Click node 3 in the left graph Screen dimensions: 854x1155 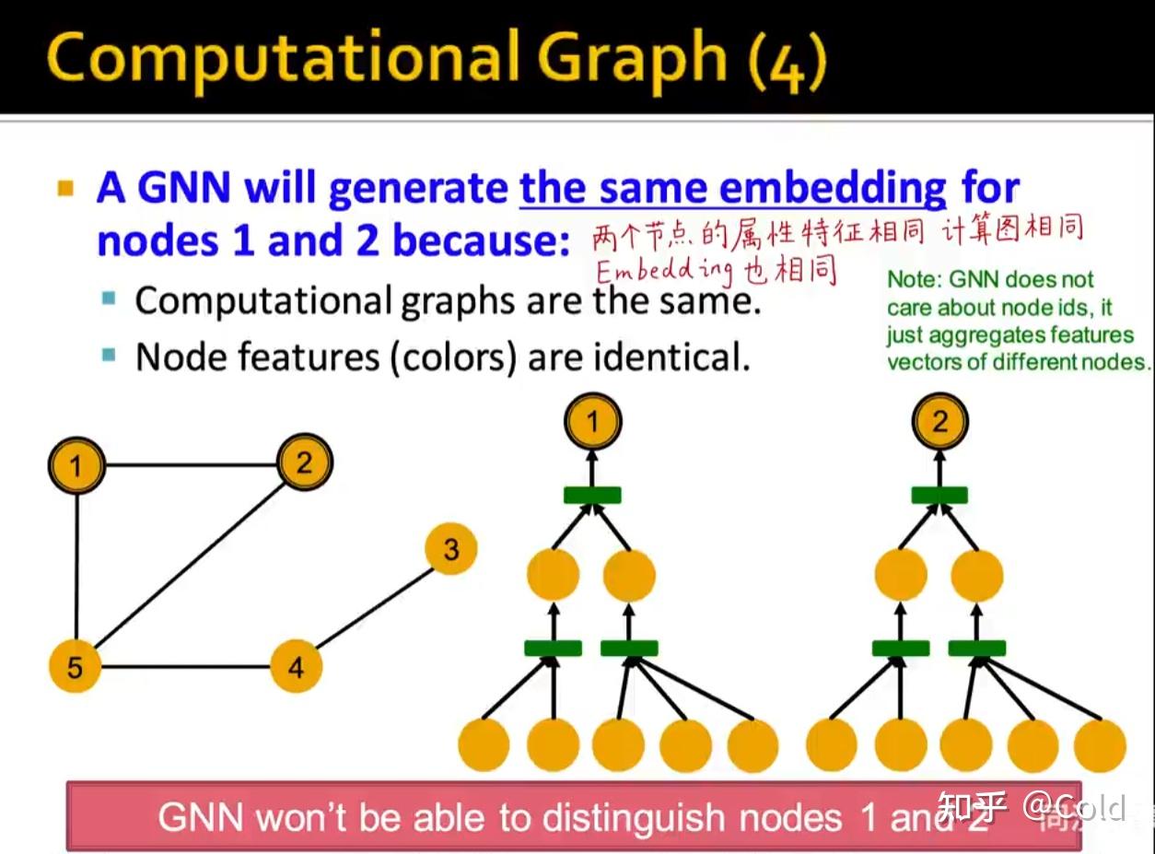(450, 550)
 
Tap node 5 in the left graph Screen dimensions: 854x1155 (75, 666)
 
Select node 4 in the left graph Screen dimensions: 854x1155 (296, 666)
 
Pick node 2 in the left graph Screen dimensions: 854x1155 (303, 463)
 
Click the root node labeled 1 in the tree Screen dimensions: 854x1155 (592, 423)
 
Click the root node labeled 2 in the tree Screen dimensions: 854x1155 (939, 423)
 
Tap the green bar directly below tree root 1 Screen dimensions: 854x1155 (592, 496)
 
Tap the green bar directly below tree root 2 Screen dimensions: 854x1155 (939, 496)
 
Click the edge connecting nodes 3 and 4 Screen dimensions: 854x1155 (373, 608)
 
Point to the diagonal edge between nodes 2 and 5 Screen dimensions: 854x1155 (189, 565)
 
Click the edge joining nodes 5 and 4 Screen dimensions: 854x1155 (184, 666)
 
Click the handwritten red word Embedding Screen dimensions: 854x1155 (664, 271)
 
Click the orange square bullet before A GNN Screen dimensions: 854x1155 (64, 190)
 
